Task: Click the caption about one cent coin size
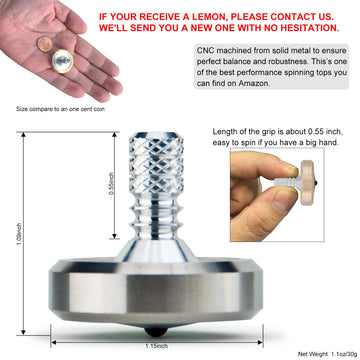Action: point(60,109)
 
